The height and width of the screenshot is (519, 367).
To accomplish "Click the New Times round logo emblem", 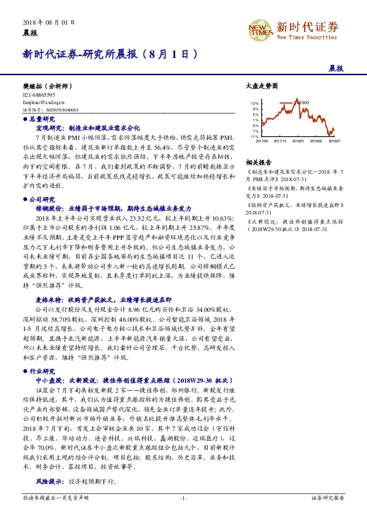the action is click(x=260, y=28).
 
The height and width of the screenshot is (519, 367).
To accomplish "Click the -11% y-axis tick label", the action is click(x=254, y=136).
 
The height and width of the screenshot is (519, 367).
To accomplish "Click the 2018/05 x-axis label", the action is click(x=317, y=141).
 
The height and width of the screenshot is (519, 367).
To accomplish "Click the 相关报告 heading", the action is click(x=256, y=160).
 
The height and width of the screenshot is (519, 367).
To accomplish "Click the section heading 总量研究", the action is click(x=42, y=118).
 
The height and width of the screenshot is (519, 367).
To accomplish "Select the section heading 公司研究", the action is click(x=42, y=199).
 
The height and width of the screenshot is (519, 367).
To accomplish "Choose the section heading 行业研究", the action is click(x=42, y=371).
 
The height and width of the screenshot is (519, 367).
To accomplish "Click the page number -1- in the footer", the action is click(x=183, y=497).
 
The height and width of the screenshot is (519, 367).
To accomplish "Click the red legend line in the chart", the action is click(x=286, y=102).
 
